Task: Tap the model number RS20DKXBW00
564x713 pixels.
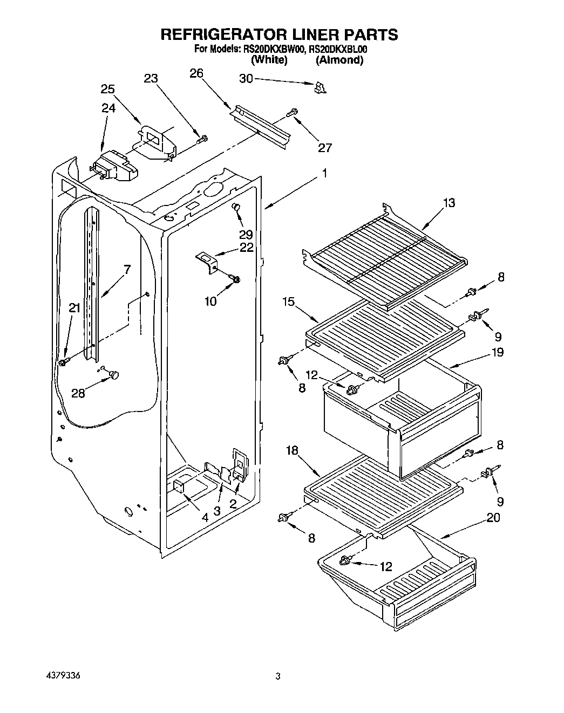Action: tap(274, 49)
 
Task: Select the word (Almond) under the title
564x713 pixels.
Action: tap(339, 60)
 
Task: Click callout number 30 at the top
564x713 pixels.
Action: tap(246, 79)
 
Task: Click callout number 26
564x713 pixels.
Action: tap(196, 73)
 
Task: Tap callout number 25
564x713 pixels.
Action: tap(107, 89)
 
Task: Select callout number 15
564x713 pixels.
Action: tap(288, 301)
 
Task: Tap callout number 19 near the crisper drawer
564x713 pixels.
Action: tap(497, 352)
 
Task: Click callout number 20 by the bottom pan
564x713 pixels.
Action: tap(492, 518)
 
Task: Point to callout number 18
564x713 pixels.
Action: tap(291, 451)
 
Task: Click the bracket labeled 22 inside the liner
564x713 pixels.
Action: tap(207, 260)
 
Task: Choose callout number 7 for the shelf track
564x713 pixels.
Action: tap(127, 269)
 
